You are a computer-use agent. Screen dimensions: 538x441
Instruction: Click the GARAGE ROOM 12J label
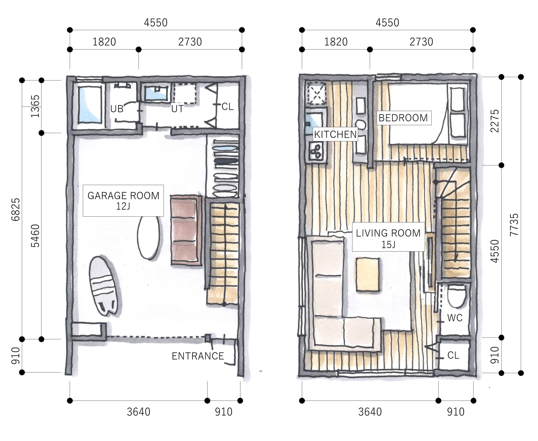pos(123,201)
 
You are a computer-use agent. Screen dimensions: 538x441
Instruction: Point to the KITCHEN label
pos(335,134)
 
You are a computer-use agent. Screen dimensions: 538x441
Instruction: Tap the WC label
pos(455,318)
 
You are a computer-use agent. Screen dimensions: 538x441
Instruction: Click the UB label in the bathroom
pos(117,109)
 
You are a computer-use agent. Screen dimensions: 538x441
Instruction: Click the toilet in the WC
pos(456,296)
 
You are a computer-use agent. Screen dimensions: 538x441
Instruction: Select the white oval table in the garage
pos(149,237)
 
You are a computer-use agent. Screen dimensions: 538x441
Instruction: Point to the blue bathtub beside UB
pos(90,105)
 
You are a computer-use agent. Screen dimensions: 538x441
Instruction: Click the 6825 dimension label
pos(16,210)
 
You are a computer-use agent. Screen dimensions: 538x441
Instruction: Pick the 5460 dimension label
pos(35,236)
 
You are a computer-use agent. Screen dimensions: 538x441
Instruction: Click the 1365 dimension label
pos(35,106)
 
